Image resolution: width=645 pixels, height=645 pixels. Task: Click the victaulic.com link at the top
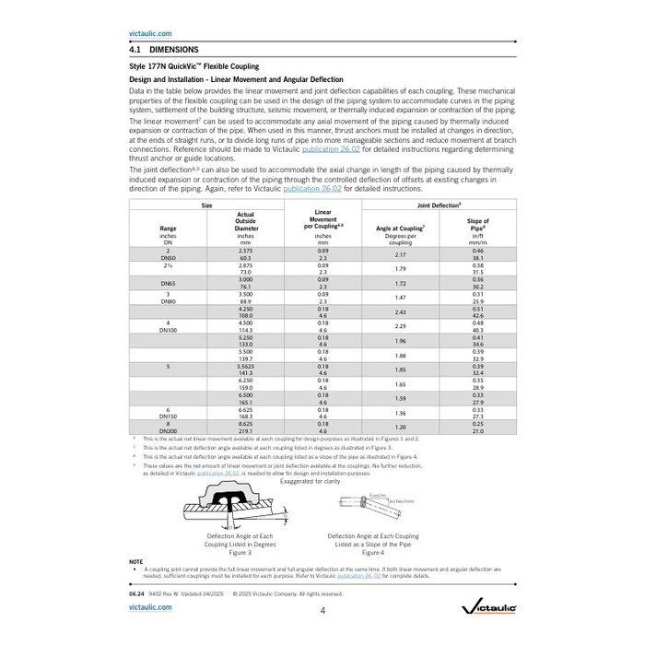click(147, 32)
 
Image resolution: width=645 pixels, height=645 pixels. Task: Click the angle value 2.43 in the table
click(400, 311)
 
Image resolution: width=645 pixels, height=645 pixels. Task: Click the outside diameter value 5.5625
click(245, 366)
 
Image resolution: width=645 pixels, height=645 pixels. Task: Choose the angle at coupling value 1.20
click(400, 427)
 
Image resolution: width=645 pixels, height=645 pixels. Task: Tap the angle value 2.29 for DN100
click(400, 326)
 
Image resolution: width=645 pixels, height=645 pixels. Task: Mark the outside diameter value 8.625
click(245, 423)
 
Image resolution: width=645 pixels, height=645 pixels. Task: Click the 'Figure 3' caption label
click(240, 552)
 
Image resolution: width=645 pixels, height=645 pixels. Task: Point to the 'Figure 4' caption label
click(373, 552)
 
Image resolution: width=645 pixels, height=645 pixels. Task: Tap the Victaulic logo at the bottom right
click(478, 605)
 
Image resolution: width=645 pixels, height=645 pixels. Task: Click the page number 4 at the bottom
click(322, 610)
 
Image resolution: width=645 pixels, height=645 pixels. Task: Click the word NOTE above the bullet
click(136, 562)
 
